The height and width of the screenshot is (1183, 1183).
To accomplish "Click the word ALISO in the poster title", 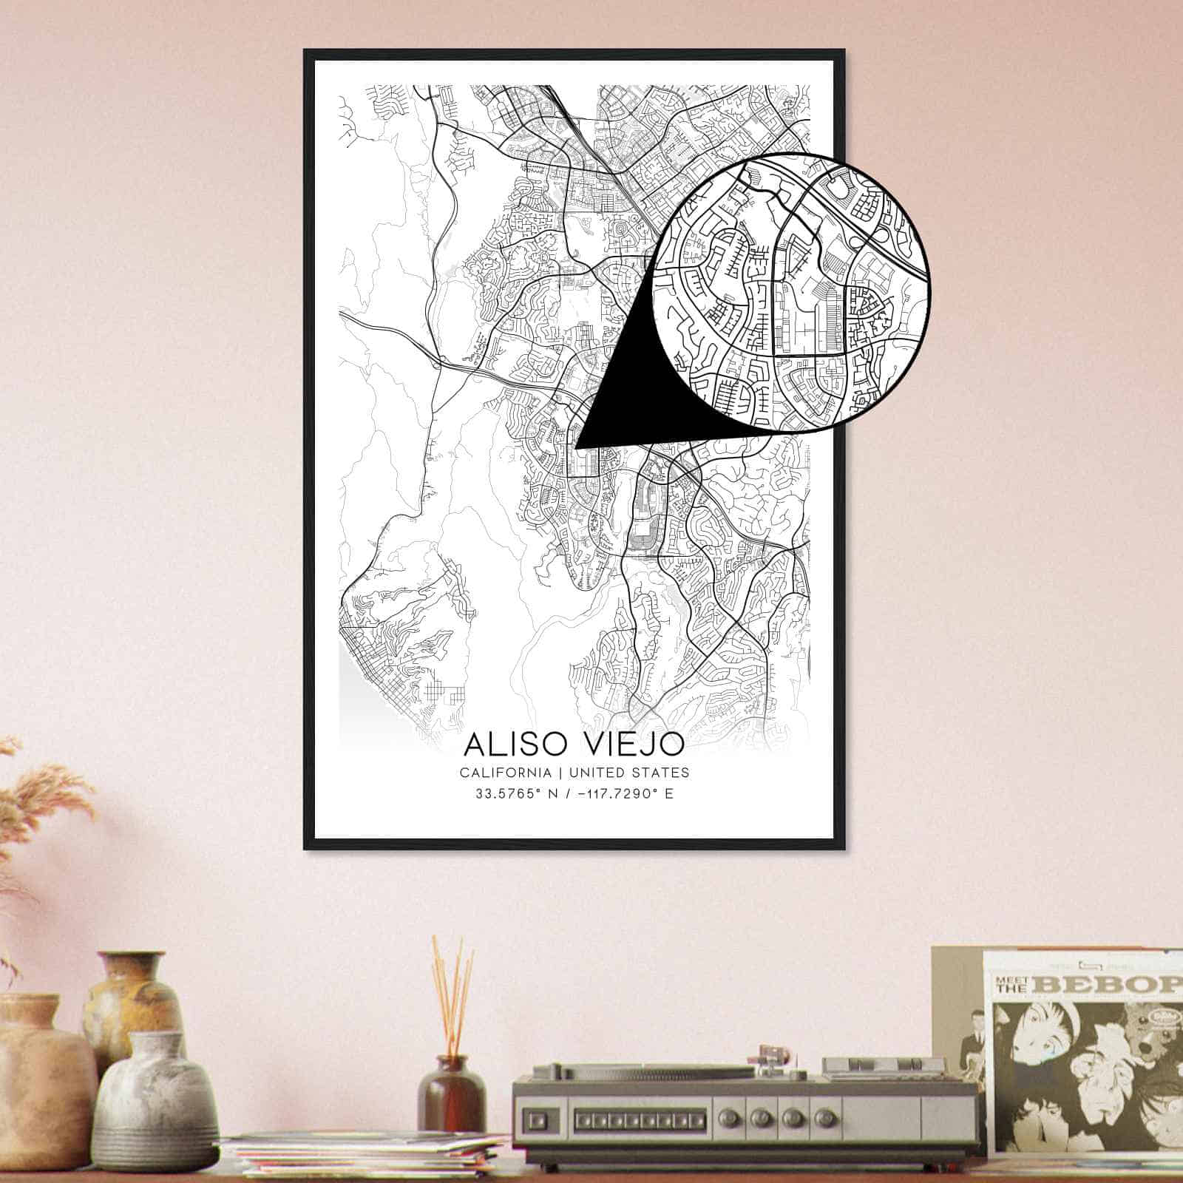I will click(508, 745).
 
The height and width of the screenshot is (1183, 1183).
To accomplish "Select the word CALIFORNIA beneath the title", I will click(505, 773).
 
